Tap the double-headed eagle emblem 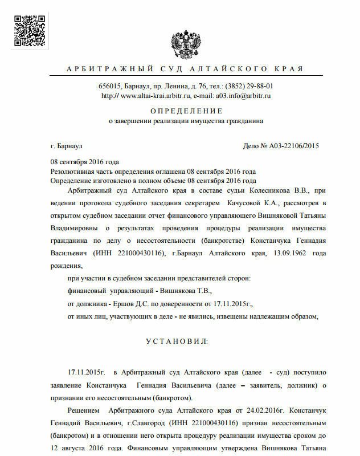coord(184,40)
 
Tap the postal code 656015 coord(111,86)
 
